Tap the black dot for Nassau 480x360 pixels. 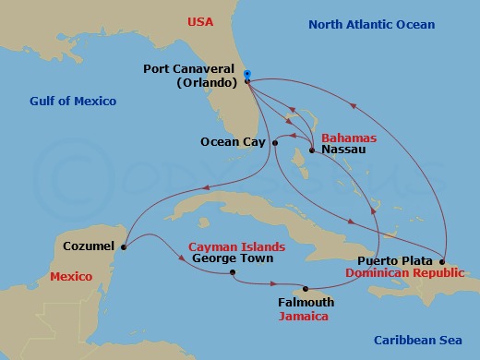[x=313, y=150]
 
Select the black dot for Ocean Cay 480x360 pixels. [x=275, y=142]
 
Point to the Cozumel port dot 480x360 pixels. [x=124, y=246]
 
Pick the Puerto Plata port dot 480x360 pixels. [x=443, y=261]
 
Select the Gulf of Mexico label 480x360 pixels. [x=73, y=101]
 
